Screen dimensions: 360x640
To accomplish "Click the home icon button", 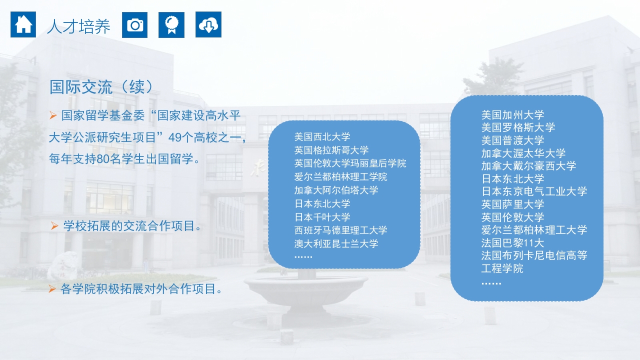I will point(23,24).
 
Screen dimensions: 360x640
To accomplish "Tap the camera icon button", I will point(134,24).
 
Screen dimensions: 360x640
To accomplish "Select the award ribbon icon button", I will point(171,24).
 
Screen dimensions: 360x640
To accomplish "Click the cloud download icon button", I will point(208,24).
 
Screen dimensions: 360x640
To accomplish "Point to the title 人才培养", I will point(78,26).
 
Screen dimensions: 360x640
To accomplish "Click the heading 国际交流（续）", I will point(101,86).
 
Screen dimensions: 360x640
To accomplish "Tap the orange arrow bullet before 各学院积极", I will point(51,288).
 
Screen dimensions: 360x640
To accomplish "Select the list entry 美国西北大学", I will point(322,136).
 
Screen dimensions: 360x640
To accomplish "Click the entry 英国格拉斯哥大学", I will point(331,150).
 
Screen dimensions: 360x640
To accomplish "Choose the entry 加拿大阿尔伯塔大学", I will point(336,190).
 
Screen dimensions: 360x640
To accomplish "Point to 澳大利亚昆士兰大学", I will point(336,243).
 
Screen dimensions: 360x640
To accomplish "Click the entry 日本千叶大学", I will point(322,217).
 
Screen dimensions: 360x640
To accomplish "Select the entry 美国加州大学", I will point(512,114).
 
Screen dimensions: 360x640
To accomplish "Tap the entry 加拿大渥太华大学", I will point(523,153).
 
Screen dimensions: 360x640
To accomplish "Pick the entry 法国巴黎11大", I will point(512,243).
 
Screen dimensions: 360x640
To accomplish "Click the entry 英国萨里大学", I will point(512,204).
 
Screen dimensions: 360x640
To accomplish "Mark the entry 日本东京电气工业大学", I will point(534,191).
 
